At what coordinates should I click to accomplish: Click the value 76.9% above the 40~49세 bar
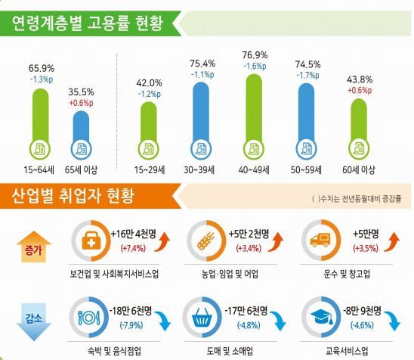pos(255,55)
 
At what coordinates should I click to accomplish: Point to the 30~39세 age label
pos(201,169)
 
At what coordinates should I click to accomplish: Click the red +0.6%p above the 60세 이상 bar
pos(360,91)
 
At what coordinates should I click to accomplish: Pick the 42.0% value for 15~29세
pos(149,83)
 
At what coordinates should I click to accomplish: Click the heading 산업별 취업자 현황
pos(73,198)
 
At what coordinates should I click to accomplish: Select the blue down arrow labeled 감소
pos(32,318)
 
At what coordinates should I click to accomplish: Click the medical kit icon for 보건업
pos(89,241)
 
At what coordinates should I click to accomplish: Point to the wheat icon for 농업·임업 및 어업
pos(205,241)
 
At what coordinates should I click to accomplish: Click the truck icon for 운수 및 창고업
pos(320,241)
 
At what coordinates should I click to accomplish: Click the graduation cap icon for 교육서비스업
pos(320,316)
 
